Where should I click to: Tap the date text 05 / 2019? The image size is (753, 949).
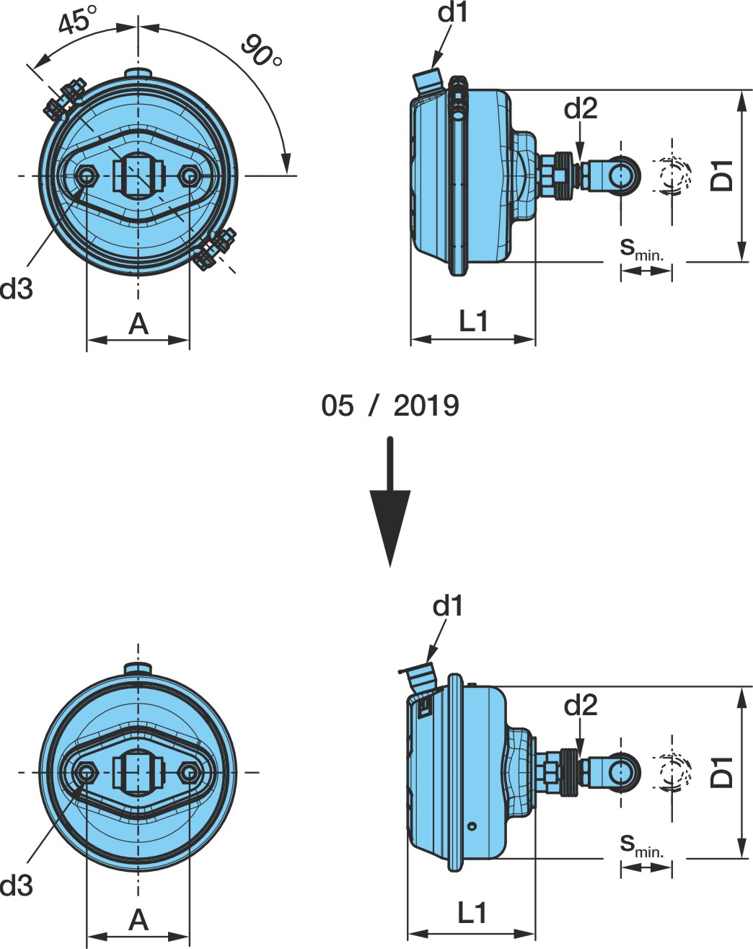tap(389, 406)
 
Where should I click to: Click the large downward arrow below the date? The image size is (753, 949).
tap(389, 502)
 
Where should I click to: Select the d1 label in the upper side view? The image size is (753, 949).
tap(452, 12)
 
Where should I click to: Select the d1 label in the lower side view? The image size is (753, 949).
tap(447, 606)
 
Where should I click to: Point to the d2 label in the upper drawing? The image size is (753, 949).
tap(581, 108)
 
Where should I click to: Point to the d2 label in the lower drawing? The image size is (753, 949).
tap(581, 706)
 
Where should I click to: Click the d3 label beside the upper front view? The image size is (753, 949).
tap(17, 289)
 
